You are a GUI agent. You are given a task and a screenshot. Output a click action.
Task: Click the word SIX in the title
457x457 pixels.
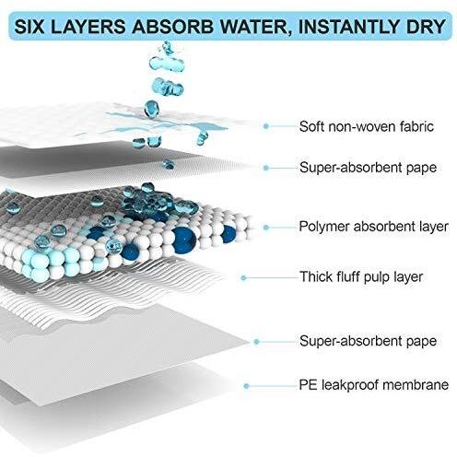(x=29, y=26)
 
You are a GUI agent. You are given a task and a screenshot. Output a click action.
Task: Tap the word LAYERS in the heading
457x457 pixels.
(x=88, y=26)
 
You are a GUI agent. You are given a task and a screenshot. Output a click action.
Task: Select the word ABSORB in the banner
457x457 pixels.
(x=173, y=26)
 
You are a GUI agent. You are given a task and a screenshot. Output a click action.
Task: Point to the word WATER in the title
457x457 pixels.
(x=255, y=27)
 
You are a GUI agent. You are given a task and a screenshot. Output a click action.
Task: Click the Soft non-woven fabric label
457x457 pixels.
(x=367, y=126)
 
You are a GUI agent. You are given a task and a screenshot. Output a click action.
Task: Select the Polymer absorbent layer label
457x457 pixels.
(x=373, y=227)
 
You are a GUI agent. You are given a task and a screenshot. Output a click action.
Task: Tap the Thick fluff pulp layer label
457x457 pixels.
(x=361, y=277)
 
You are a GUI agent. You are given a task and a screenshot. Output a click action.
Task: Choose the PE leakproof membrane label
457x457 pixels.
(x=374, y=385)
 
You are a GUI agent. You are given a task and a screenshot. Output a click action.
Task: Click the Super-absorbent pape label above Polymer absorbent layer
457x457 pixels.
(x=368, y=168)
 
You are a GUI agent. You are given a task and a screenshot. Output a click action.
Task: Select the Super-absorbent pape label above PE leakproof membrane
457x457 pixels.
(x=368, y=341)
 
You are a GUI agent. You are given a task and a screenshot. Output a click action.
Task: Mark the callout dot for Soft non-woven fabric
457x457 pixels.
(x=266, y=126)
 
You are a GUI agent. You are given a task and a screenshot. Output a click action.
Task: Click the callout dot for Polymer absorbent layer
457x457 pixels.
(x=266, y=228)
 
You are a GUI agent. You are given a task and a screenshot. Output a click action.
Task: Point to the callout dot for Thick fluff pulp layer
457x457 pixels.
(x=243, y=278)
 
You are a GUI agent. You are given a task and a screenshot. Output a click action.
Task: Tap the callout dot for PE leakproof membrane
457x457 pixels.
(x=246, y=386)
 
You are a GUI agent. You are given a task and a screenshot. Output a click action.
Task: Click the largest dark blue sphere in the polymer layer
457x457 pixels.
(x=183, y=240)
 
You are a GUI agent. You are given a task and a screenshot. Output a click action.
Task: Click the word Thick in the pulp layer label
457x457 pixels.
(x=315, y=276)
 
